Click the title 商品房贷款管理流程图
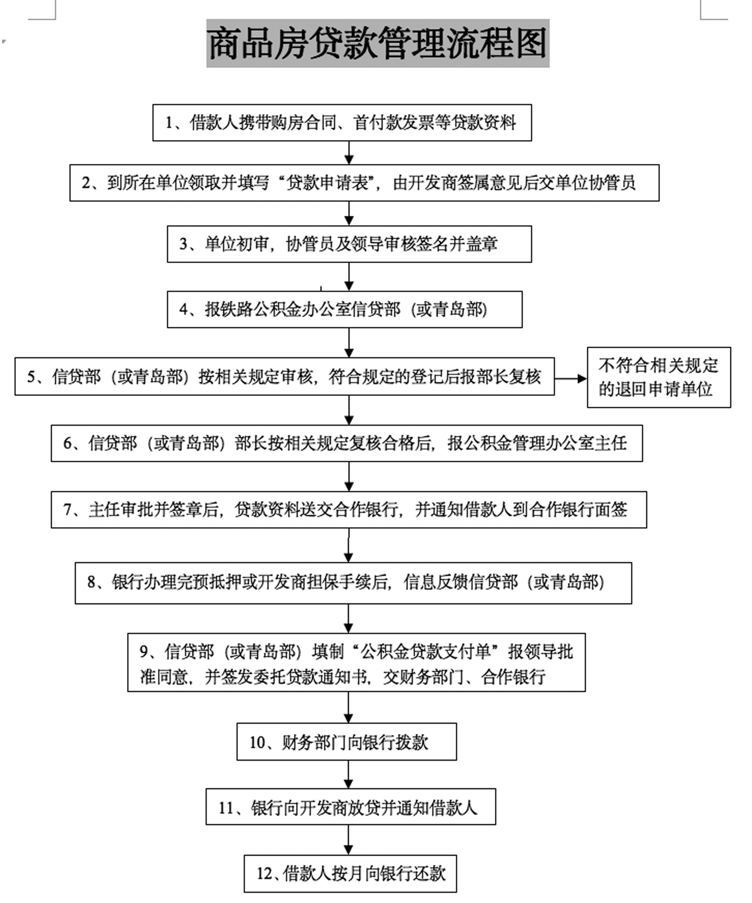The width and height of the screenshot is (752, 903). [x=378, y=43]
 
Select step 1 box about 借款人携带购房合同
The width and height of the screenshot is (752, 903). [x=342, y=122]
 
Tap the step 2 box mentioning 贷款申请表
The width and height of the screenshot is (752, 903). [x=364, y=183]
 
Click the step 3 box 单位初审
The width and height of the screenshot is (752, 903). [x=350, y=244]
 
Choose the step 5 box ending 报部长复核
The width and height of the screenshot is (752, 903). [x=284, y=376]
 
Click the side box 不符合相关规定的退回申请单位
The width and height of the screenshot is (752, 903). [x=659, y=377]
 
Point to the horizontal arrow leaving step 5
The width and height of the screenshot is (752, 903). [x=571, y=379]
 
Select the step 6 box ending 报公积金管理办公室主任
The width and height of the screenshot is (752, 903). [x=347, y=443]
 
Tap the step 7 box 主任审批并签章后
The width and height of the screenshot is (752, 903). [x=349, y=509]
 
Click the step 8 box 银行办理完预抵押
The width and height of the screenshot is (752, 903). [x=353, y=583]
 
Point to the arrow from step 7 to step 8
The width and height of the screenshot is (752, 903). [x=348, y=545]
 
